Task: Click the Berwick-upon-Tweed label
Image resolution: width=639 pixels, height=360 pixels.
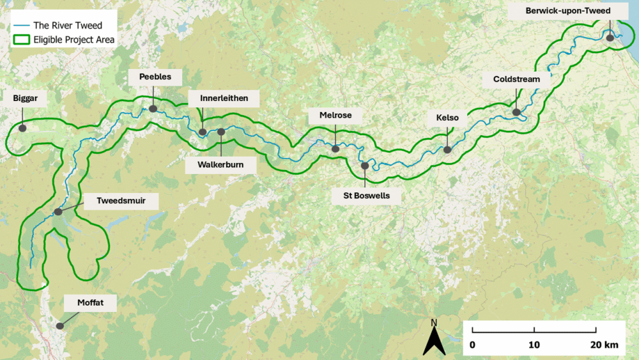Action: (567, 11)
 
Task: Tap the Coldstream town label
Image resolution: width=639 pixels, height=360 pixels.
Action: (516, 79)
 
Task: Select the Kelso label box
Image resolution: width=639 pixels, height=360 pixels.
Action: (447, 118)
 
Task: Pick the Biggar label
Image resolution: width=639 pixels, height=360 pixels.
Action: (25, 99)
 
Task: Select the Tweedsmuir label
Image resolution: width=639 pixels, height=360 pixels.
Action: (121, 201)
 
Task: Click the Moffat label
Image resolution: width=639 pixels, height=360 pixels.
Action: (89, 302)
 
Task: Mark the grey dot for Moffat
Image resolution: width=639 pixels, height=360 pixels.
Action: (60, 325)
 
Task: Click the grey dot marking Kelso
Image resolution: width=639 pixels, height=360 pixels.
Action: (447, 150)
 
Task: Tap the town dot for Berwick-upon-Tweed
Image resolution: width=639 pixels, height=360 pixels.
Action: (610, 38)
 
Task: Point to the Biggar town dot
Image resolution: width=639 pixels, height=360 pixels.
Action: (22, 128)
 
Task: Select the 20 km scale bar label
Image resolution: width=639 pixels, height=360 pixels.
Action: (603, 345)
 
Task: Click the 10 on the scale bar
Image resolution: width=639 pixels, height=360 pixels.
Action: (534, 345)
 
